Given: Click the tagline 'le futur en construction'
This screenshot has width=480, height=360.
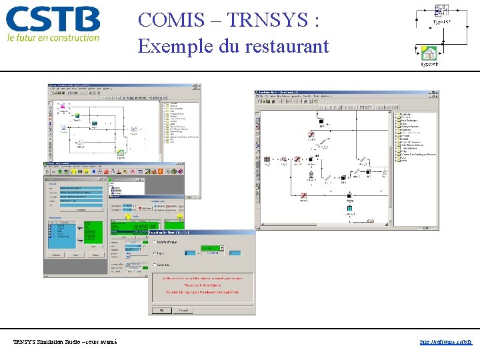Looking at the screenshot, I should click(53, 38).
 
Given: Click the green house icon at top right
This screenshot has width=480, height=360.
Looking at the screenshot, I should click(429, 53).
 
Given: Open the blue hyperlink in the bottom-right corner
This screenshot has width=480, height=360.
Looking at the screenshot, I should click(446, 342).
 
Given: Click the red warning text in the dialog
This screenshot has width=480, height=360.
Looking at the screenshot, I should click(201, 283).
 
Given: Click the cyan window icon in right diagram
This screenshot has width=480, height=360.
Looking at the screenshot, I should click(350, 209).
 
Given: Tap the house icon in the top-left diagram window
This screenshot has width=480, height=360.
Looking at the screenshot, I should click(121, 153).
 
